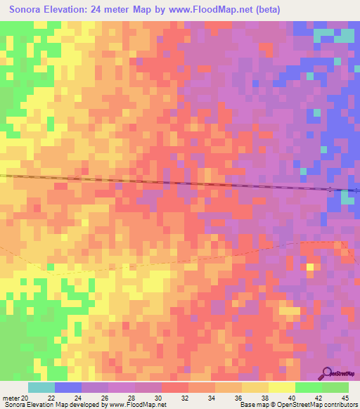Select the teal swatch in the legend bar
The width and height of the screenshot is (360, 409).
coord(41,387)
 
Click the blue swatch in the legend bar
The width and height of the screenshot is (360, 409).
coord(68,387)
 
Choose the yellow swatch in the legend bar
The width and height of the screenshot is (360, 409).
coord(282,387)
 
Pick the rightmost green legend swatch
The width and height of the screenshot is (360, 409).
coord(335,387)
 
